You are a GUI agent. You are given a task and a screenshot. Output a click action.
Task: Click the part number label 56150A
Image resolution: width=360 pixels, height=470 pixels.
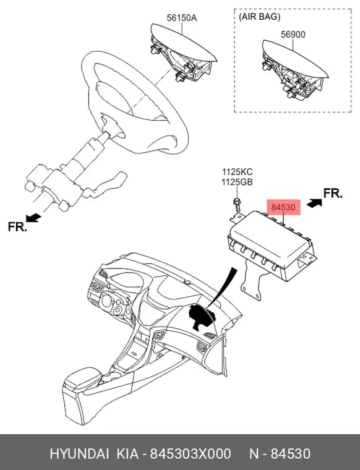pos(182,18)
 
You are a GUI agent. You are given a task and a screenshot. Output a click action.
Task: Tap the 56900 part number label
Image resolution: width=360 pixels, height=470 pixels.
pos(293,35)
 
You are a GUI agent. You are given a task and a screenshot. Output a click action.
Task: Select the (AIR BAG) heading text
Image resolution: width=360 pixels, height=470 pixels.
pos(259,17)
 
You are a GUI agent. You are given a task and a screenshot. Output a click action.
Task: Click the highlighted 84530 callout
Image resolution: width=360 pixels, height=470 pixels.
pos(283,207)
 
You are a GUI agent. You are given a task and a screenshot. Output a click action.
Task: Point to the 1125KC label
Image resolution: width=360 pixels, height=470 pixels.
pos(237,172)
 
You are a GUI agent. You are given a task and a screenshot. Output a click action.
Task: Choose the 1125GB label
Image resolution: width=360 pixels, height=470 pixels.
pos(237,182)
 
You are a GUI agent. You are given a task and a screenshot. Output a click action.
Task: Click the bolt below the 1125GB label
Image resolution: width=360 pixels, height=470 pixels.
pos(237,204)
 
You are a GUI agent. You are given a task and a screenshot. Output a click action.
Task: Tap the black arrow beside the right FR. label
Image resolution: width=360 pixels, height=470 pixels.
pos(314,203)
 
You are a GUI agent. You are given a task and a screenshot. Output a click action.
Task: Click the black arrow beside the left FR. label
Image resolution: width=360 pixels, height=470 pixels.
pos(33,218)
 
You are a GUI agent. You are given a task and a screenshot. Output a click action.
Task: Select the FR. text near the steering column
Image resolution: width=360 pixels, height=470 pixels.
pos(17,226)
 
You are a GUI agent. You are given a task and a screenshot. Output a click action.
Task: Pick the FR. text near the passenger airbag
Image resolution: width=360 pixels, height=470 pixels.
pos(333,194)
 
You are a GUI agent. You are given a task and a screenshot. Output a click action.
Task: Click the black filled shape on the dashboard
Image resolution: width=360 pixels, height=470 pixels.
pos(202,317)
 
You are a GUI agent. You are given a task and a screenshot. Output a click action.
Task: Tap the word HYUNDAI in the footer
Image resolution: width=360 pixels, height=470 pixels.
pos(79,454)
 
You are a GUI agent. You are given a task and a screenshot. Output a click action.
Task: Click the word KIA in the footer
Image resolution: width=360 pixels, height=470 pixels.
pos(127,454)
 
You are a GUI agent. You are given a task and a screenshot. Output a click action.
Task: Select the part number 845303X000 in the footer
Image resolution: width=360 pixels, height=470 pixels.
pos(191,454)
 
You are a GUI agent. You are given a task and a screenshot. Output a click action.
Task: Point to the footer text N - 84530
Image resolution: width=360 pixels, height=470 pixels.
pos(280,454)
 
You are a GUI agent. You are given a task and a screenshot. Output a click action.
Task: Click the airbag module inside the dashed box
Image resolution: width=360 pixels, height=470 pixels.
pos(294,69)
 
